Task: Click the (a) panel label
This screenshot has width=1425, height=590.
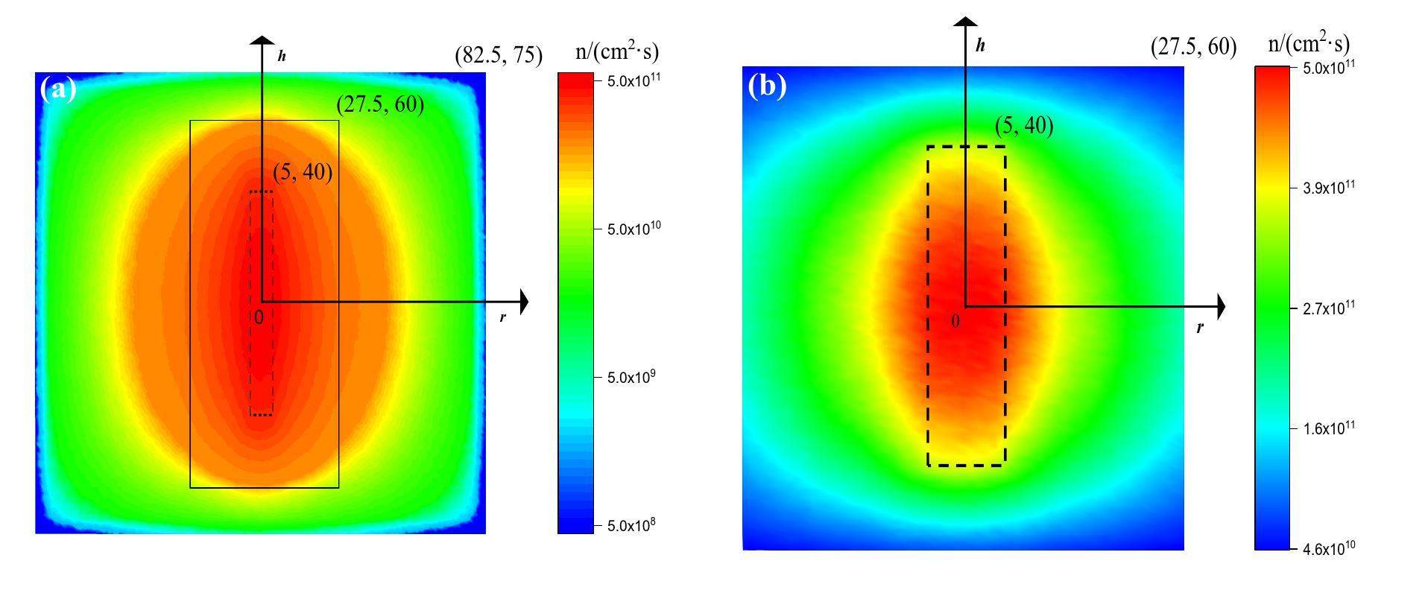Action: point(58,90)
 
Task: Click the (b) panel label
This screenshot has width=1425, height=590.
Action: point(767,87)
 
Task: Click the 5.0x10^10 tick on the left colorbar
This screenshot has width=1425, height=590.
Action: point(629,229)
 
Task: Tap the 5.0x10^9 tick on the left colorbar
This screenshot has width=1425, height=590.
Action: point(627,377)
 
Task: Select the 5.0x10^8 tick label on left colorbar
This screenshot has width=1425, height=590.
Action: point(627,526)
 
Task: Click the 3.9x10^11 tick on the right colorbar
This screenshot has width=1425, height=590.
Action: point(1324,188)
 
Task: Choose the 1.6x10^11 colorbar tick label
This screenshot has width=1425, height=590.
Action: point(1324,428)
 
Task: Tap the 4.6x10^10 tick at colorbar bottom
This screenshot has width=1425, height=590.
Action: point(1324,549)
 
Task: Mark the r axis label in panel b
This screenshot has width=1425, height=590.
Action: point(1200,327)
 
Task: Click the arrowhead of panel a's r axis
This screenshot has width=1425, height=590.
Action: point(523,302)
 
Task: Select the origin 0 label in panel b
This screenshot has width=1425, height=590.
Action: point(955,322)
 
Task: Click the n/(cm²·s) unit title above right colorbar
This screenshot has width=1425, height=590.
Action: point(1309,44)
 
